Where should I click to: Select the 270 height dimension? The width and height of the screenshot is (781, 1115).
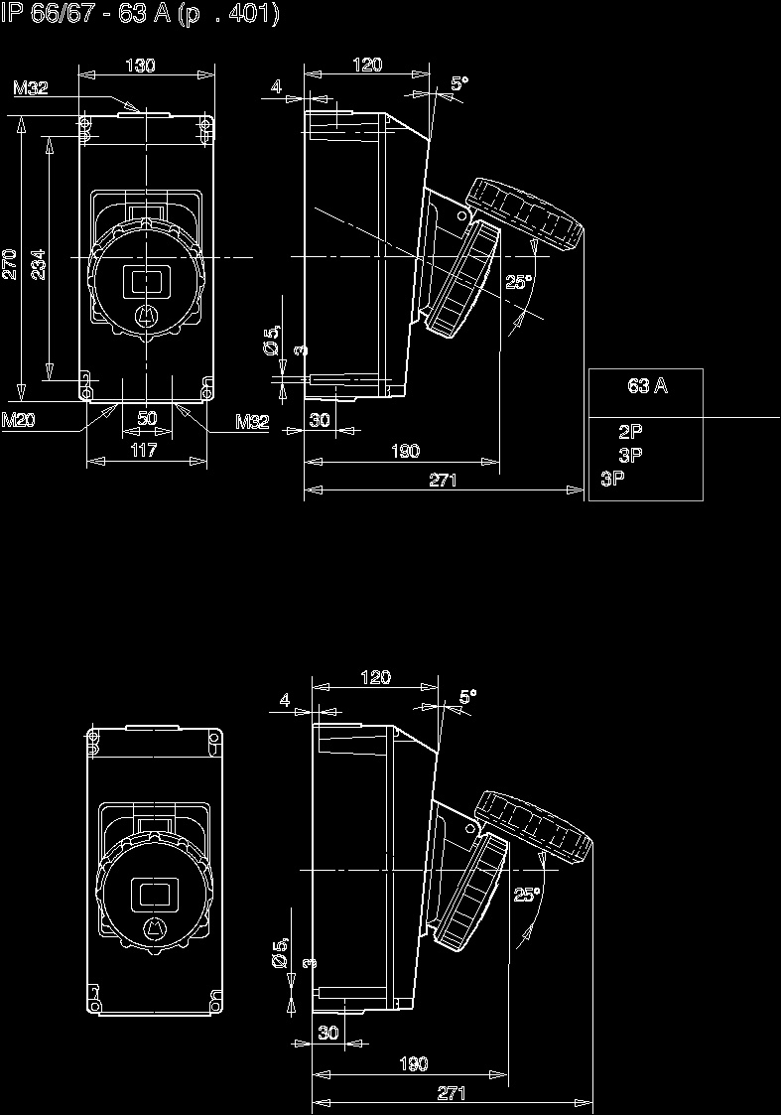(x=10, y=263)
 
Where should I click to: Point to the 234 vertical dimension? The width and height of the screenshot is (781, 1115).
(x=38, y=263)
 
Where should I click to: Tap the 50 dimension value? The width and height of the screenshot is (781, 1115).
(x=147, y=419)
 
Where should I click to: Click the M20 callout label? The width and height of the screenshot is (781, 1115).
(x=19, y=421)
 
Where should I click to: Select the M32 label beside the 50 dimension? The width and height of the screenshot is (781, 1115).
(x=252, y=421)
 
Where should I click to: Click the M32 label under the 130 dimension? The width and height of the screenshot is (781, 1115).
(x=31, y=88)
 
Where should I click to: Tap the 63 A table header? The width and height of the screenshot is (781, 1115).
(x=647, y=386)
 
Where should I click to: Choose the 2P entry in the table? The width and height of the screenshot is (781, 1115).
(x=630, y=432)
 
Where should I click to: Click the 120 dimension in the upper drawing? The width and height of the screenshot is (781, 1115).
(x=367, y=66)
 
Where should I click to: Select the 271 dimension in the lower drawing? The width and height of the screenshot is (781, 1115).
(x=452, y=1093)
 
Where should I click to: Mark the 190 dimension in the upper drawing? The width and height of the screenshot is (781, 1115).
(x=404, y=452)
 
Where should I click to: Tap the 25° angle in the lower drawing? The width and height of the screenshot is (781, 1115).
(x=527, y=895)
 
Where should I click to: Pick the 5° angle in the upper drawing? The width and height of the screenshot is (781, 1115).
(x=458, y=84)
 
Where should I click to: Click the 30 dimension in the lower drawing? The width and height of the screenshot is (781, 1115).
(x=328, y=1033)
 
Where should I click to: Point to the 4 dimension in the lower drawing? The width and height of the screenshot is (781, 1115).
(x=285, y=700)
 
